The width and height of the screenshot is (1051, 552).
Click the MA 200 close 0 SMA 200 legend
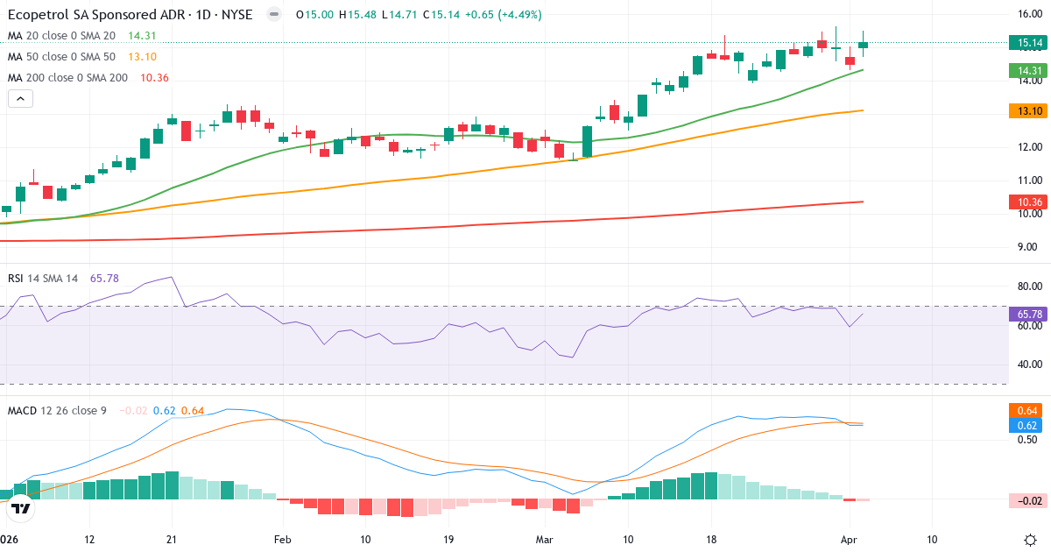pyautogui.click(x=67, y=77)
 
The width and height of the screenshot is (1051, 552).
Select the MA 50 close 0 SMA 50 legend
pyautogui.click(x=61, y=56)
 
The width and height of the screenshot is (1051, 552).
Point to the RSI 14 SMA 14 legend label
pyautogui.click(x=43, y=279)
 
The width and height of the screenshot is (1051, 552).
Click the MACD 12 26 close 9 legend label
pyautogui.click(x=57, y=410)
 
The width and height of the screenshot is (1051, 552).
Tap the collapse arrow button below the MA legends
pyautogui.click(x=20, y=99)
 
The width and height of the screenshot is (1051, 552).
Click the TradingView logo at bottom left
pyautogui.click(x=21, y=507)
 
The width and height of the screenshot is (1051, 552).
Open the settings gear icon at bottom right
pyautogui.click(x=1031, y=539)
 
